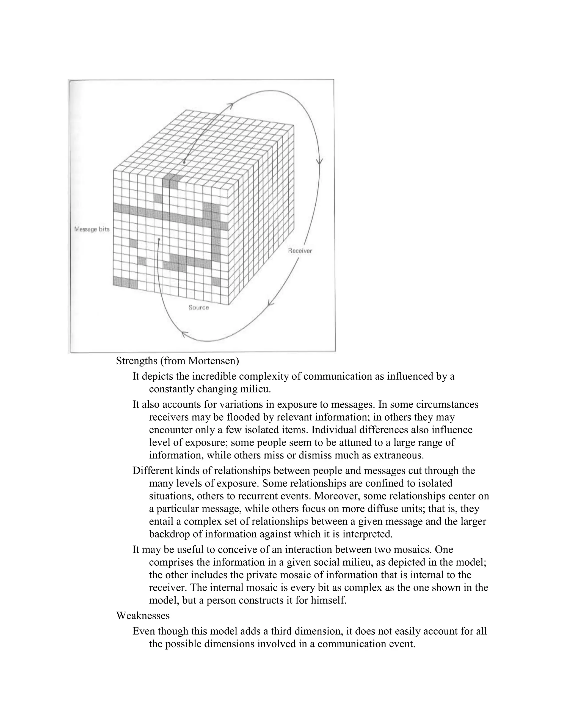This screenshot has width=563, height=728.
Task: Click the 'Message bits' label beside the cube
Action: click(x=92, y=229)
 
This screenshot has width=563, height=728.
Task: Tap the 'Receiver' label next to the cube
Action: click(x=300, y=251)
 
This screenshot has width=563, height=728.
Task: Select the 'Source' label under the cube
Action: click(x=199, y=307)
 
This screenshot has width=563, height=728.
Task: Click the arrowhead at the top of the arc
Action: click(x=230, y=105)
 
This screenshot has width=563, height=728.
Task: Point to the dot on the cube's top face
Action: click(x=184, y=162)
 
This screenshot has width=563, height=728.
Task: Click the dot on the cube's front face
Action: click(x=159, y=239)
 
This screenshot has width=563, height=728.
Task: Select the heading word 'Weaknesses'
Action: click(x=143, y=616)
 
